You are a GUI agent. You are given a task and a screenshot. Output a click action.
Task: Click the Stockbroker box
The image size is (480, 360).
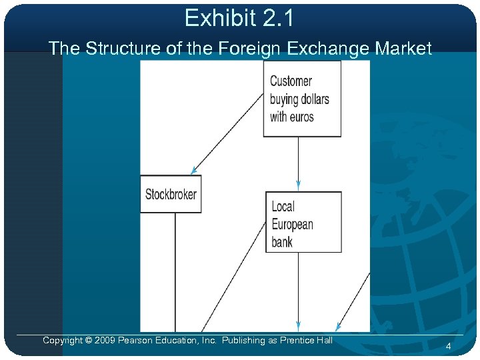pos(171,194)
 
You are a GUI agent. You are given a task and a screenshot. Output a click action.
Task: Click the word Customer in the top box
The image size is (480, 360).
pos(291,81)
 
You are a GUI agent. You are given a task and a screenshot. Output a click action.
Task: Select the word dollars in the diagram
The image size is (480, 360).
pos(311,99)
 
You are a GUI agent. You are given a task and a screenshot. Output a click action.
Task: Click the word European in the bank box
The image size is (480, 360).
pos(292,224)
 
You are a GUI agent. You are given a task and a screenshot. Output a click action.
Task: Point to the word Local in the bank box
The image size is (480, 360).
pos(283,207)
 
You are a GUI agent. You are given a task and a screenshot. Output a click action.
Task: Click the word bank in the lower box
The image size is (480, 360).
pos(282,241)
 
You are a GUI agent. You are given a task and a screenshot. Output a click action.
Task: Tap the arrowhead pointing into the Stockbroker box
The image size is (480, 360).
pos(193,171)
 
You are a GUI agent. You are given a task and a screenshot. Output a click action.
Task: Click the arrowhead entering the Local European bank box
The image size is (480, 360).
pos(298,185)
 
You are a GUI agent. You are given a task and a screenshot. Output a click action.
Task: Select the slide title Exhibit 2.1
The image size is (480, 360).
pos(239,18)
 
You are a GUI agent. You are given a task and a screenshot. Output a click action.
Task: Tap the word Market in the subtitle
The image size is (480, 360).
pos(403,48)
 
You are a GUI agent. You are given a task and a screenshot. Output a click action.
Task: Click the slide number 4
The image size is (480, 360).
pos(449,346)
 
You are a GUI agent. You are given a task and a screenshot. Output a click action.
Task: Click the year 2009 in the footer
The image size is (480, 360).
pos(106,341)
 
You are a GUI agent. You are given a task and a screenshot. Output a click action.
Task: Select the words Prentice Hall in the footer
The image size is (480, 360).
pos(306,341)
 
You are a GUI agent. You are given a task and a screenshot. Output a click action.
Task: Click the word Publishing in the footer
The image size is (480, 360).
pos(244,341)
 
